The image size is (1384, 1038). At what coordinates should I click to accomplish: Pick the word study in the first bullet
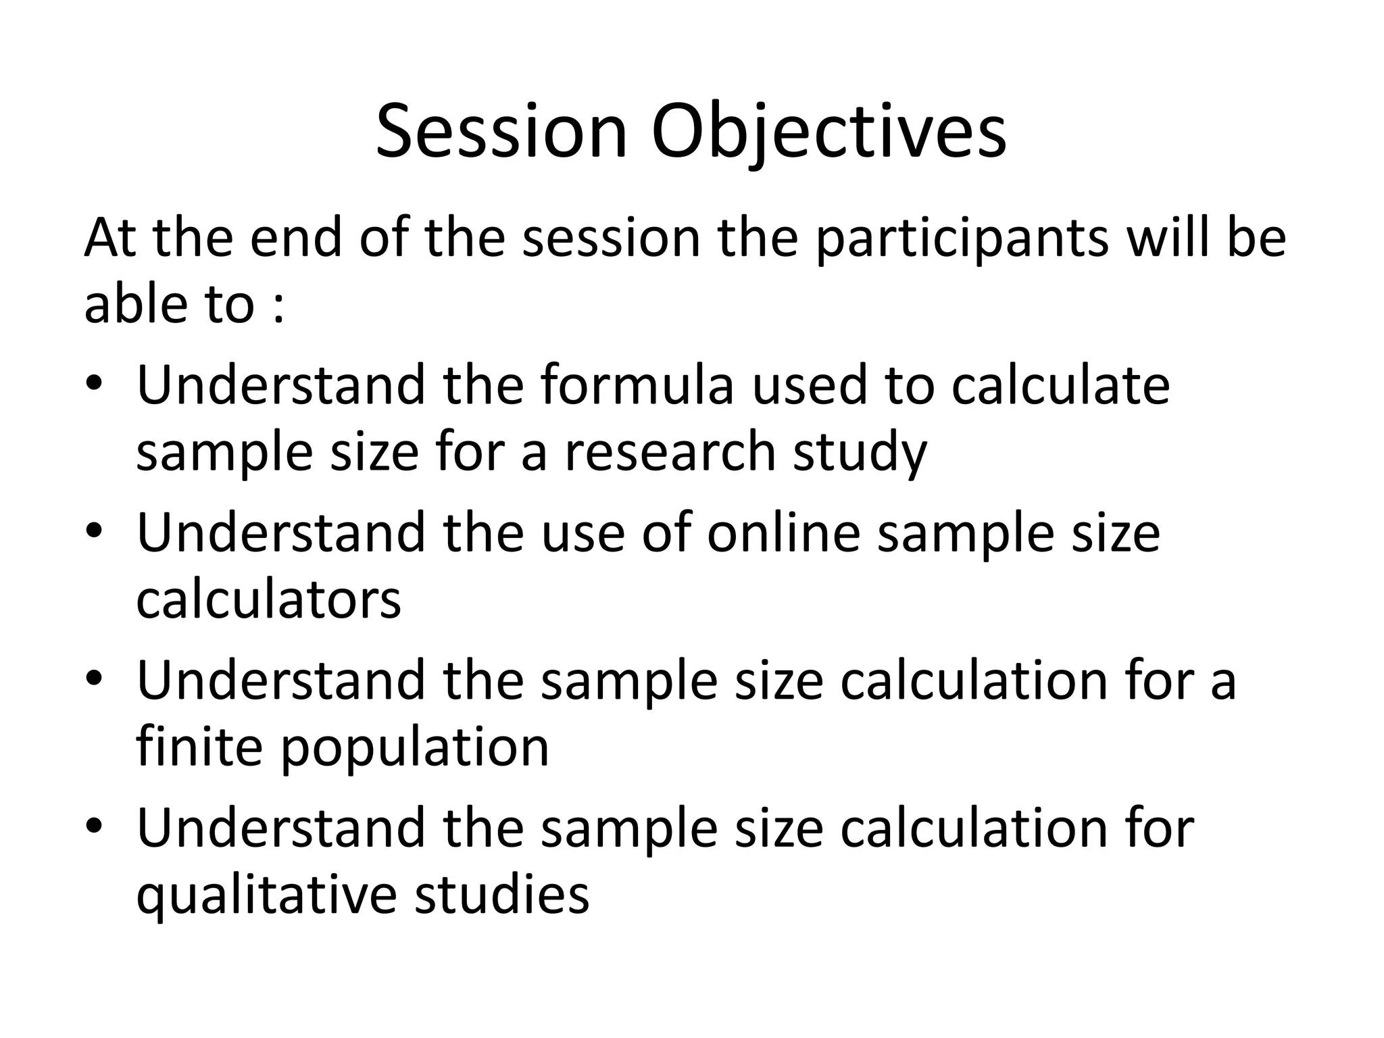pyautogui.click(x=860, y=453)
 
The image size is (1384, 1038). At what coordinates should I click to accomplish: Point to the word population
pyautogui.click(x=415, y=749)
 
